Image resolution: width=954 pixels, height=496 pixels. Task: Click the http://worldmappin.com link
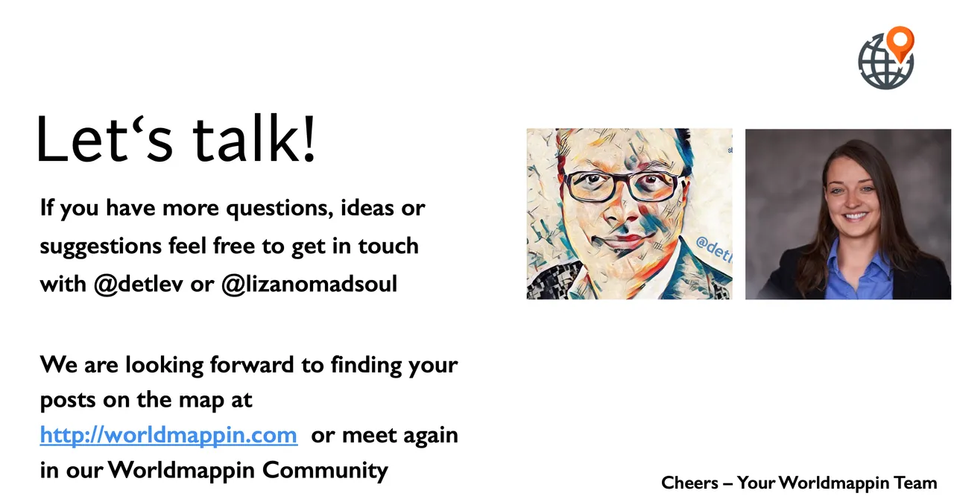168,435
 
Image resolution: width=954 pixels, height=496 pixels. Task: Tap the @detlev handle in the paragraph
139,284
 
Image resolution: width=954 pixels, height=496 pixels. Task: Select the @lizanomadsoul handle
309,284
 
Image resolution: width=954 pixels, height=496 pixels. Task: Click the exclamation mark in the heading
309,139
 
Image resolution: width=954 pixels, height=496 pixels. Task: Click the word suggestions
101,247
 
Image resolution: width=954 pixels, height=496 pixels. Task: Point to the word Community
325,471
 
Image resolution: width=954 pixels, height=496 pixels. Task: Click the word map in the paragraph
201,400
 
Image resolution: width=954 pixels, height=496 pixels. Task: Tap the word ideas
367,208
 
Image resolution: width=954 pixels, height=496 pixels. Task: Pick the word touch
388,247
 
